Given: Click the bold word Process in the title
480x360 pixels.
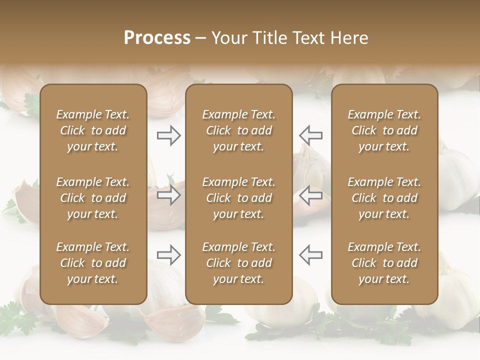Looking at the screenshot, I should [157, 37].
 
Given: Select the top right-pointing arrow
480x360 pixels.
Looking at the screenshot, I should [168, 135].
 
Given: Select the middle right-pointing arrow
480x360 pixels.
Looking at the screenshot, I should [168, 195].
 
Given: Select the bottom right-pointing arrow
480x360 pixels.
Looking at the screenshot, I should [168, 255].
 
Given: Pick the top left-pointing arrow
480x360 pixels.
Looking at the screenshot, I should [311, 135].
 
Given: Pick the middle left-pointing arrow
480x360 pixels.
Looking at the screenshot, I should [311, 195].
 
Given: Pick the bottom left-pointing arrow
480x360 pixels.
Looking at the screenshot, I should [311, 255].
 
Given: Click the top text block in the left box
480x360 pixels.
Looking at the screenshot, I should [93, 130].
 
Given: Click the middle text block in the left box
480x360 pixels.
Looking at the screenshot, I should [93, 198].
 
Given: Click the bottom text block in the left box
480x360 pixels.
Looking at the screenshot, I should [93, 263].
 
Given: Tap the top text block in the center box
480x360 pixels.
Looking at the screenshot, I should [238, 130].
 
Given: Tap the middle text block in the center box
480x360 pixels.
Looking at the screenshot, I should [238, 198].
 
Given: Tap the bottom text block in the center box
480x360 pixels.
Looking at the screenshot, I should [238, 263].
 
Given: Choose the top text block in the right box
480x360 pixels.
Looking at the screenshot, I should [384, 130].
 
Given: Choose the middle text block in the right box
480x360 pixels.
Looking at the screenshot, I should [384, 198].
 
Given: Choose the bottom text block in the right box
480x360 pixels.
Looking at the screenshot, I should [384, 263].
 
